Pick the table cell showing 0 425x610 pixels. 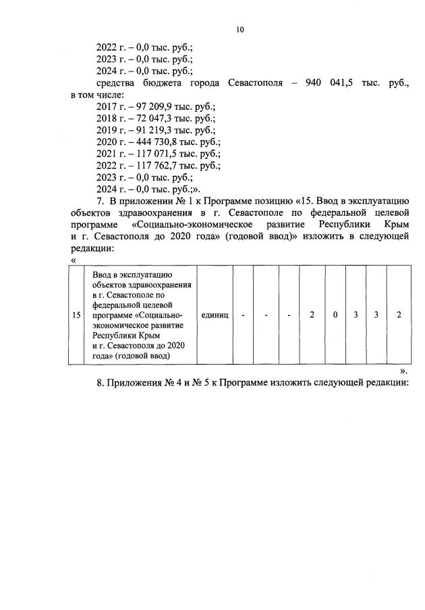[335, 315]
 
